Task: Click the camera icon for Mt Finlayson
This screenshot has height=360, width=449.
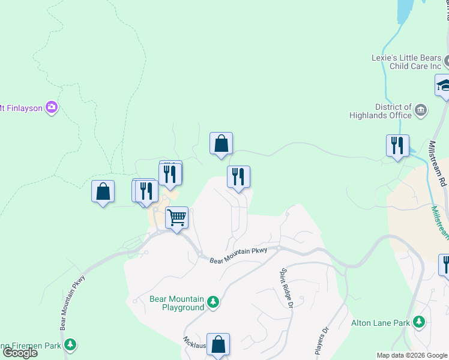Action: pyautogui.click(x=52, y=107)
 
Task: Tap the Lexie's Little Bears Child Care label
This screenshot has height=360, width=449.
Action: pyautogui.click(x=405, y=62)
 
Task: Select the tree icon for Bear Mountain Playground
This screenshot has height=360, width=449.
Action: pyautogui.click(x=213, y=302)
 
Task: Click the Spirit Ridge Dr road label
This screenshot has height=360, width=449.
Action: pyautogui.click(x=285, y=287)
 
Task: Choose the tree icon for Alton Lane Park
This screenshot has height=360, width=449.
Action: pyautogui.click(x=419, y=322)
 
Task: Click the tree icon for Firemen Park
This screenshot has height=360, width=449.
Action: pyautogui.click(x=71, y=345)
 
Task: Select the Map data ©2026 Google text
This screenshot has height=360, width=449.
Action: pyautogui.click(x=412, y=355)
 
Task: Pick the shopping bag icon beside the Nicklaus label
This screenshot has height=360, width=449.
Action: pyautogui.click(x=218, y=344)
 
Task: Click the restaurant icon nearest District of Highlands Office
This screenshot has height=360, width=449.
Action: pyautogui.click(x=397, y=145)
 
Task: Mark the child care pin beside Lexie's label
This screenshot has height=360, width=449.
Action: pyautogui.click(x=447, y=61)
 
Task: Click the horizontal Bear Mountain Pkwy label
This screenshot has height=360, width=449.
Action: pyautogui.click(x=238, y=256)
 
